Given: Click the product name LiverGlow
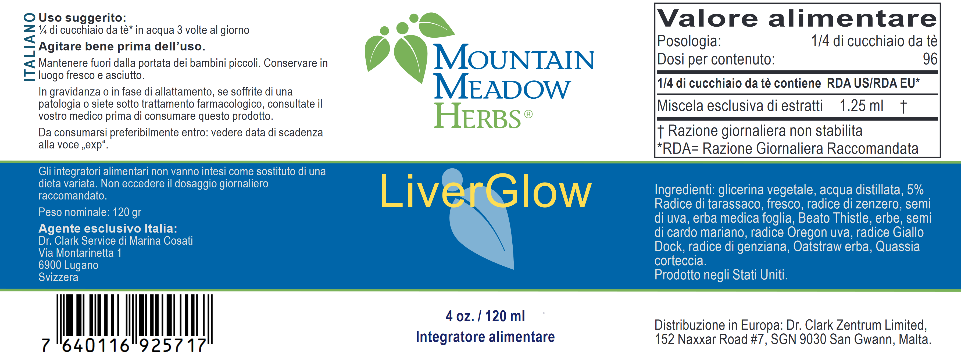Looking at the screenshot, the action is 485,191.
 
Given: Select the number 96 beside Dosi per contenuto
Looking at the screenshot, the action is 930,59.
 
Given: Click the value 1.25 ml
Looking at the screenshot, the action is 861,106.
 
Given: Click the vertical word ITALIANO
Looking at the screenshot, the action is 30,47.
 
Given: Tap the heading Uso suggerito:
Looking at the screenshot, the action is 83,17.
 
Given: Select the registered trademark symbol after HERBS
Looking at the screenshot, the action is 528,114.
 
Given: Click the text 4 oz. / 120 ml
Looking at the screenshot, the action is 485,316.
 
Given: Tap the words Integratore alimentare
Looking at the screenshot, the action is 485,337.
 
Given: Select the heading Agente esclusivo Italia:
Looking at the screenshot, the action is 108,228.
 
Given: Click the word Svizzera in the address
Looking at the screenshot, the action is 58,277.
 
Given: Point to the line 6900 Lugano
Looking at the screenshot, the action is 68,265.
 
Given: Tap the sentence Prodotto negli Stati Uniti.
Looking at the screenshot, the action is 721,275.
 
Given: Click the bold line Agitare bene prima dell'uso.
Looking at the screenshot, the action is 122,46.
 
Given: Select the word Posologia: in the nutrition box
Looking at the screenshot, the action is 689,41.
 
